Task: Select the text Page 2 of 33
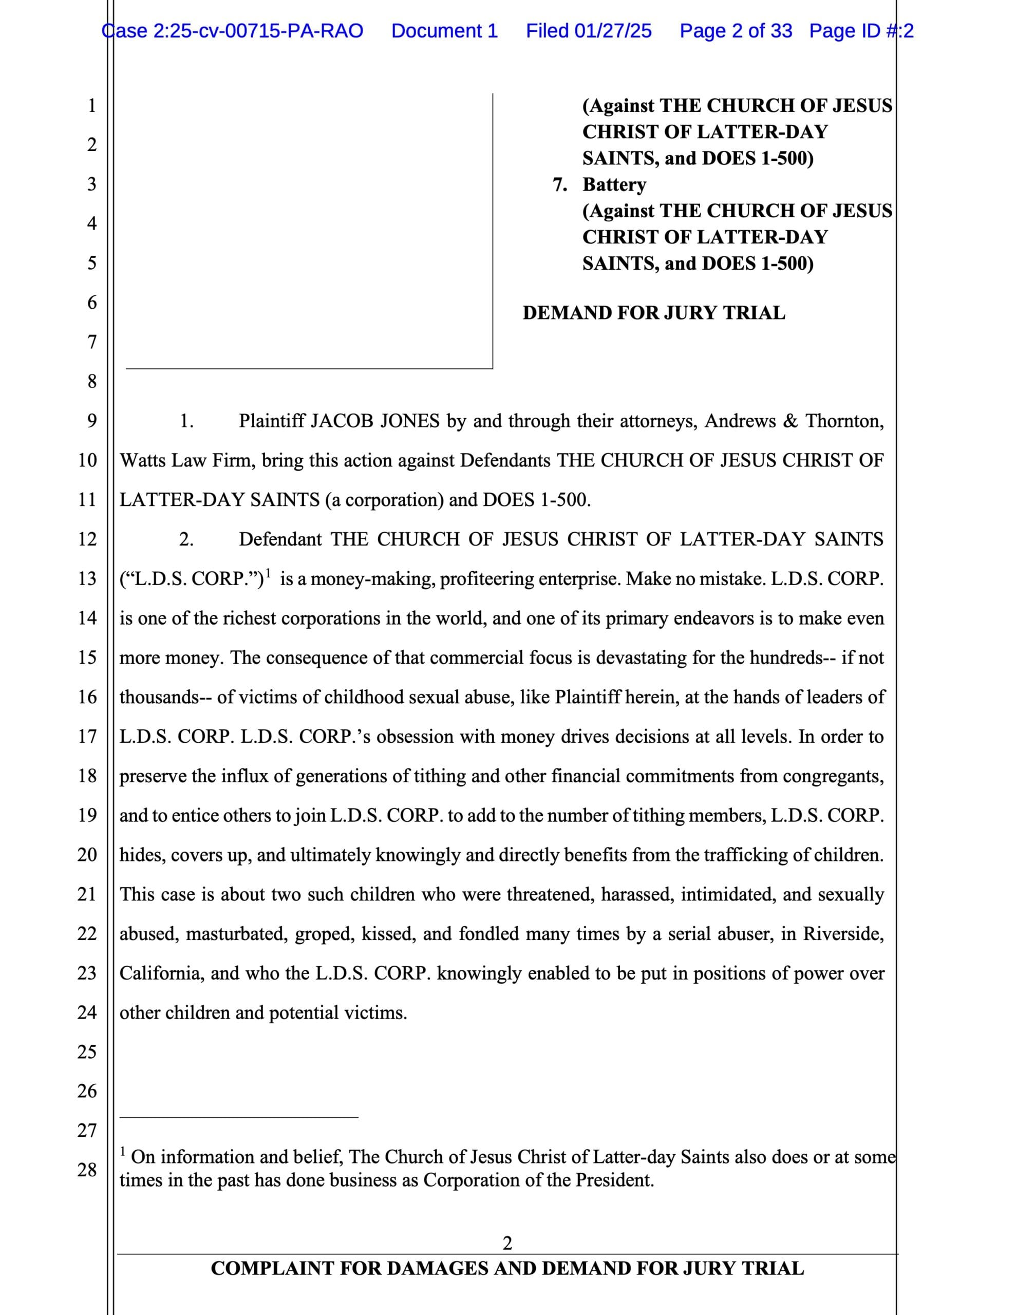point(736,31)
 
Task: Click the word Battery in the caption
point(614,184)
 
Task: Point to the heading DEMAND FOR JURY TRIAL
point(653,313)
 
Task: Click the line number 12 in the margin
point(87,539)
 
